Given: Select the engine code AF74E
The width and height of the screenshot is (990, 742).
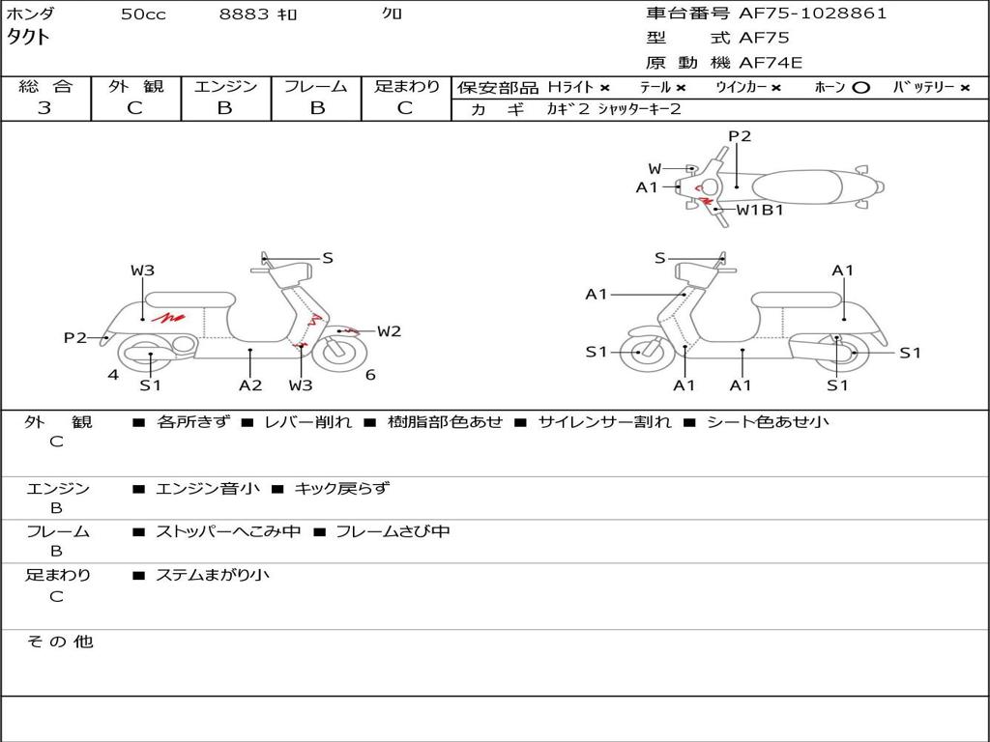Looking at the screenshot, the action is (x=771, y=63).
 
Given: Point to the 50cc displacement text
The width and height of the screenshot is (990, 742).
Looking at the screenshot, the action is (x=143, y=14).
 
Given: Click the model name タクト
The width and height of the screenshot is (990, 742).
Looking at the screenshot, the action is (x=29, y=38).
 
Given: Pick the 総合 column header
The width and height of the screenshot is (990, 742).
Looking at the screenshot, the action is (x=45, y=86).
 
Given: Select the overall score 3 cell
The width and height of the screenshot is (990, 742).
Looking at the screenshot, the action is (x=44, y=108).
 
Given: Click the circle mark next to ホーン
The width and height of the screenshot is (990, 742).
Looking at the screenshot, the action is (x=860, y=88).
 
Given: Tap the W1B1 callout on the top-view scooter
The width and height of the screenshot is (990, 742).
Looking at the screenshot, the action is (x=760, y=210).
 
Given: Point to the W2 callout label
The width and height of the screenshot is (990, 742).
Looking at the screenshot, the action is (x=389, y=331).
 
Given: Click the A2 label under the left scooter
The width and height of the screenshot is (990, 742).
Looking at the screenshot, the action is (x=250, y=385).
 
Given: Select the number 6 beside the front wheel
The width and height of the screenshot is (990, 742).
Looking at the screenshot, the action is (x=370, y=375).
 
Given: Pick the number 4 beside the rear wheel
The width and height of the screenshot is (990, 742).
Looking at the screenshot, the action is (x=113, y=375).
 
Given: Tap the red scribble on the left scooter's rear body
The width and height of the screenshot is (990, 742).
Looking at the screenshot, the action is (x=172, y=316).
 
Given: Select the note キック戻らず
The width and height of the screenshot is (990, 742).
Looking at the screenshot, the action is (x=341, y=489).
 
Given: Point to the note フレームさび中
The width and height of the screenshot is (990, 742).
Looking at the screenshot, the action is (x=393, y=531).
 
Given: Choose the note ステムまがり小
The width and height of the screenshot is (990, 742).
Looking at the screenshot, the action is (x=213, y=575).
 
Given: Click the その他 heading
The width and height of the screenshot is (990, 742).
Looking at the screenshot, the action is (x=60, y=642).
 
